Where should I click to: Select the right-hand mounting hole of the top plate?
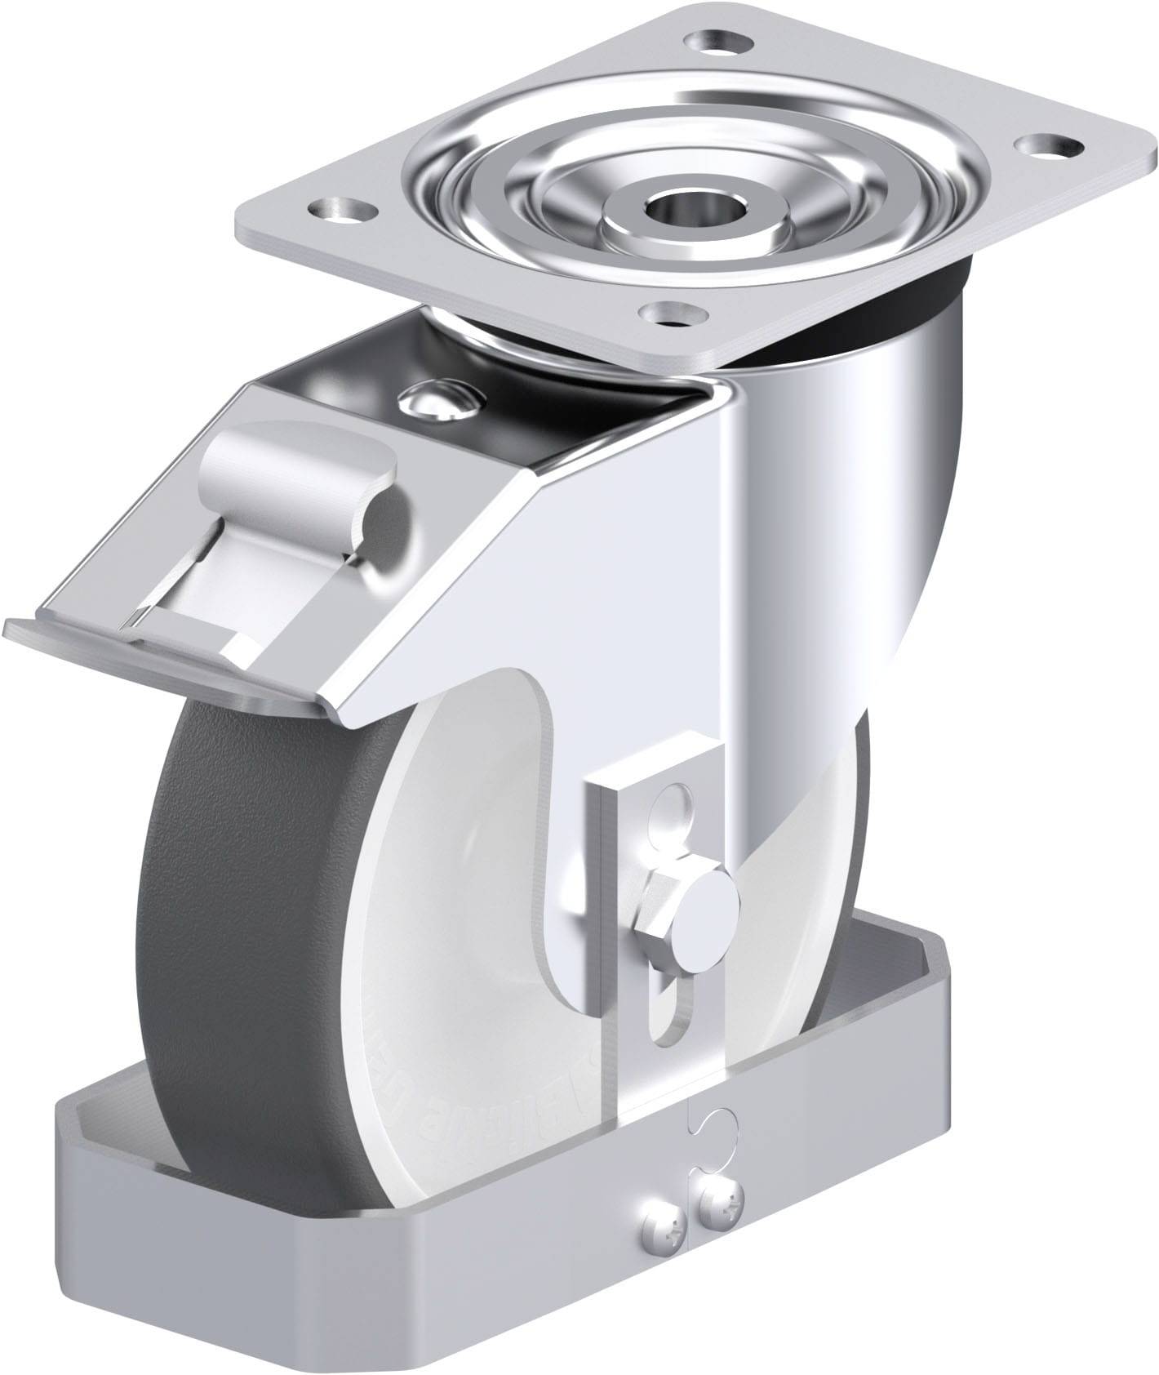point(1048,147)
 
